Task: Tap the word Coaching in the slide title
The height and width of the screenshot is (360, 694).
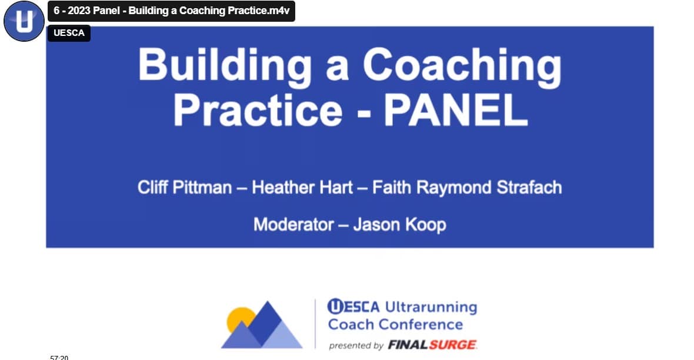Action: click(462, 67)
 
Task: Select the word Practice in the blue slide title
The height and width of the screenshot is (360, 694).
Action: click(258, 111)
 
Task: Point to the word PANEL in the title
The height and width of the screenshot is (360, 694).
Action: click(455, 111)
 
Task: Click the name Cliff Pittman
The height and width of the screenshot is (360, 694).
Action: click(185, 188)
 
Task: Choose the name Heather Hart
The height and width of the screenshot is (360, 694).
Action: click(302, 188)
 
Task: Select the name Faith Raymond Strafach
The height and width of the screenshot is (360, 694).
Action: click(467, 188)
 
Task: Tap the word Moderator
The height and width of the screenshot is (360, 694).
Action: click(293, 225)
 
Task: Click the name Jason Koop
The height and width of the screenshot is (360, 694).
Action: click(400, 225)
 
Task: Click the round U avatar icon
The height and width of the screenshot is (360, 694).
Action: click(24, 21)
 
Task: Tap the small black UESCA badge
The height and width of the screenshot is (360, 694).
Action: click(69, 33)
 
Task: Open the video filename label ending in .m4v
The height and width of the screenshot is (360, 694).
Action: click(171, 11)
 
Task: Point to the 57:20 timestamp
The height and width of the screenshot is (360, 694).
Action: click(59, 357)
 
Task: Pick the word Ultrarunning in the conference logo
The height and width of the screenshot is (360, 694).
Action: click(431, 307)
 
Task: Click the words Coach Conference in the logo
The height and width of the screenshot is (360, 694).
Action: click(395, 324)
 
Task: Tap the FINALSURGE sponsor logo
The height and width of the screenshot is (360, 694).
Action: click(432, 345)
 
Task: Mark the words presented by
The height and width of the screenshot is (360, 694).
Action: click(356, 346)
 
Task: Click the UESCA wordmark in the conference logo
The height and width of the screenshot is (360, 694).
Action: click(353, 306)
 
